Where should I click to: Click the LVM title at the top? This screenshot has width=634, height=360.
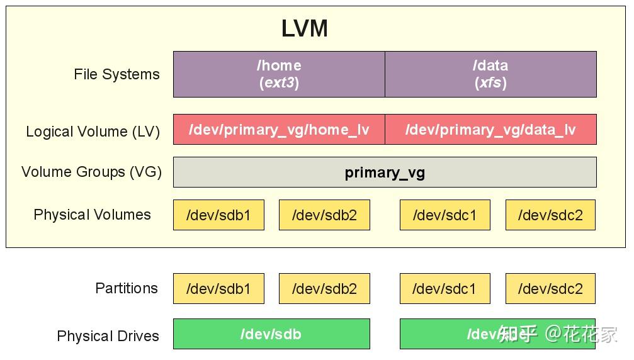[304, 29]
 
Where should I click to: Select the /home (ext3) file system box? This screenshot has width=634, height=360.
[279, 74]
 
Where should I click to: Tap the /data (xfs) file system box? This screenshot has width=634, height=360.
[490, 74]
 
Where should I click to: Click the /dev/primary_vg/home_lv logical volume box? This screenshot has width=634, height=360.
[279, 130]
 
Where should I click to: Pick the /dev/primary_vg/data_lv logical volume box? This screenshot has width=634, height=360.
[490, 130]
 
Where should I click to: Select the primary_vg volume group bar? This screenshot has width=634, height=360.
[385, 172]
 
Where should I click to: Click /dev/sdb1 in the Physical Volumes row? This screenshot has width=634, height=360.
[218, 215]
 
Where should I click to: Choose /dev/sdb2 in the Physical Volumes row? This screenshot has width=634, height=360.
[324, 215]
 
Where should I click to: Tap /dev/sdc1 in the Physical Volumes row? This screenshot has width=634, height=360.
[444, 215]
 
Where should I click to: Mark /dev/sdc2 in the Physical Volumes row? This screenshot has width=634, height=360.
[550, 215]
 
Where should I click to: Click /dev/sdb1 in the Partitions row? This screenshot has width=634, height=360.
[218, 289]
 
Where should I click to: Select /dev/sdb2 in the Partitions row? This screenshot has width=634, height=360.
[324, 289]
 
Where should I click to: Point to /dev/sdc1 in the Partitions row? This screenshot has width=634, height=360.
[444, 289]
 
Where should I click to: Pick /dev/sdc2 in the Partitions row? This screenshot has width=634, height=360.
[550, 289]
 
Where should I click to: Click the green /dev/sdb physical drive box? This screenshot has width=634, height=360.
[271, 334]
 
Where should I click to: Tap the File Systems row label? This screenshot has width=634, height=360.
[116, 74]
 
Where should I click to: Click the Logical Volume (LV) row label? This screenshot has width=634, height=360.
[93, 132]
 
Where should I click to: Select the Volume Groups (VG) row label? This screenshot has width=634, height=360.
[91, 172]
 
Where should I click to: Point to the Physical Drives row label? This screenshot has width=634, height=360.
[108, 336]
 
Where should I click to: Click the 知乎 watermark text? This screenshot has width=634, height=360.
[518, 334]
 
